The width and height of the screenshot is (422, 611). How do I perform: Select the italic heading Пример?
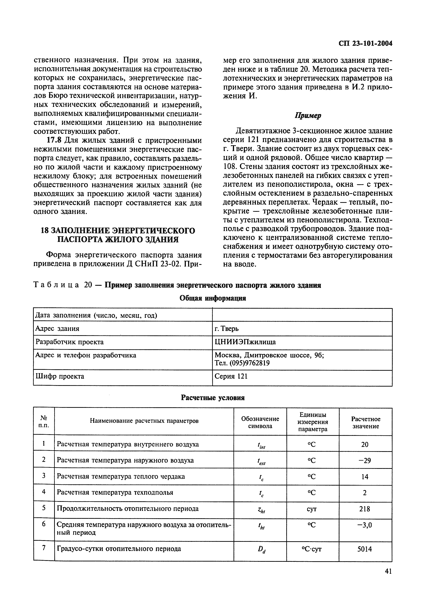308,116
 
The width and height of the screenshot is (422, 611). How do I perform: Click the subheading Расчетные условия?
213,398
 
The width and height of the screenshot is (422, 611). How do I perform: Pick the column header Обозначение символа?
260,422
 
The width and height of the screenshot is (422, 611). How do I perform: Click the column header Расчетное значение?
365,422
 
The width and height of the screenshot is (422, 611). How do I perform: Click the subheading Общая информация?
213,298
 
